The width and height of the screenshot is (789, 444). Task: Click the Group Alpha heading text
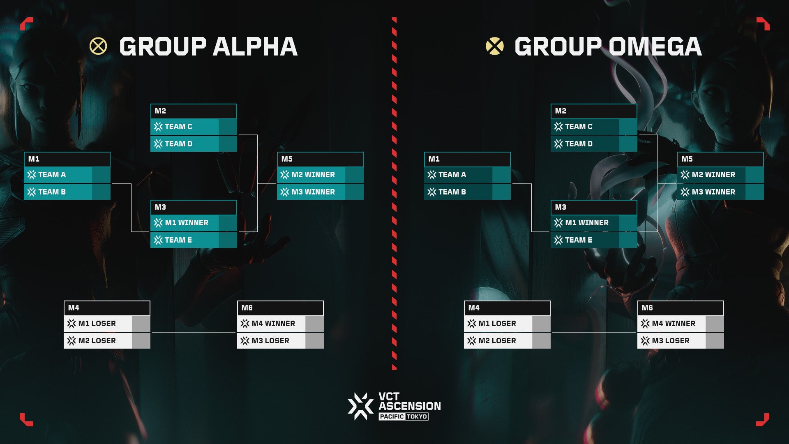point(208,46)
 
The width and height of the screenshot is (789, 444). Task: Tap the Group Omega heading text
point(608,46)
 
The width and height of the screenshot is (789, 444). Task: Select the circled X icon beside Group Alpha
point(98,46)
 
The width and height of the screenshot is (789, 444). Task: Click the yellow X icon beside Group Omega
point(494,46)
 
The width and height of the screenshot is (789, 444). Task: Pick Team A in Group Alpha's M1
point(52,175)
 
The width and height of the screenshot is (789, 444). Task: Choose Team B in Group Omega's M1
point(452,192)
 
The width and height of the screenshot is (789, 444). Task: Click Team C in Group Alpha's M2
point(178,127)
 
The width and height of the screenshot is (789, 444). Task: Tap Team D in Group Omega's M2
point(579,144)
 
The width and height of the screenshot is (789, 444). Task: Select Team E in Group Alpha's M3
point(178,240)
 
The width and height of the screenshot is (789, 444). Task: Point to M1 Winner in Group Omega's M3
point(587,223)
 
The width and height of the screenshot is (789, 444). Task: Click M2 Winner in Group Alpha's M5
point(313,175)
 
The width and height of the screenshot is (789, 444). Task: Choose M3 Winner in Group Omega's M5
point(713,192)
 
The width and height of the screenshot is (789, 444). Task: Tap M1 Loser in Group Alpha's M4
point(97,324)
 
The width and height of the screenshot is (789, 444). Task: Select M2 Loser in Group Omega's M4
point(497,341)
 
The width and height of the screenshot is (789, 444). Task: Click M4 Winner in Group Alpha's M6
point(273,324)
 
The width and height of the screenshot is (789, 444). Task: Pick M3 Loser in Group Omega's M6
point(671,341)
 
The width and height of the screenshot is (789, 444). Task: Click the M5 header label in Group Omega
point(687,159)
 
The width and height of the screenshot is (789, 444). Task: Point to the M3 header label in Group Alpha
point(160,207)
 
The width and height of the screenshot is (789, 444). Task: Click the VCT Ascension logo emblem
point(360,406)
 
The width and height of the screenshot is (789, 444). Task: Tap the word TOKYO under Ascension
point(417,416)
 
